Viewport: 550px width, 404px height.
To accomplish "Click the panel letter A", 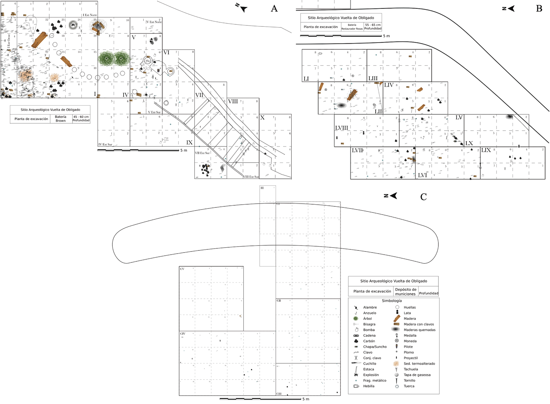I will click(x=274, y=9).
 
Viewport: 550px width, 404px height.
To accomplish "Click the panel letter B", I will click(x=539, y=9).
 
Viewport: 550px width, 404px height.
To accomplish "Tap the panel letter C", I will click(x=423, y=197).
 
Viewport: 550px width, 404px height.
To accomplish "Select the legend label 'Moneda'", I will click(x=410, y=341).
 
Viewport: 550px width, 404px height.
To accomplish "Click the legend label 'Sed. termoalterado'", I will click(x=419, y=363).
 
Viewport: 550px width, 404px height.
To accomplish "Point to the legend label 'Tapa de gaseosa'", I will click(x=417, y=375).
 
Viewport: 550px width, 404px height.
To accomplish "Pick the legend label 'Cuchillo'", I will click(x=369, y=363).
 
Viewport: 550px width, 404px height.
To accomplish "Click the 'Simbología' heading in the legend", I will click(x=392, y=301).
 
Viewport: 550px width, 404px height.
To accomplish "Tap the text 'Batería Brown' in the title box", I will click(x=61, y=119).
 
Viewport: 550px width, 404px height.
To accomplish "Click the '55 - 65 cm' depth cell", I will click(x=373, y=25).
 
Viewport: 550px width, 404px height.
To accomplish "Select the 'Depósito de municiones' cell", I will click(x=406, y=292).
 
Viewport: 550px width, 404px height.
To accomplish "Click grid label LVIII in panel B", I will click(x=341, y=128).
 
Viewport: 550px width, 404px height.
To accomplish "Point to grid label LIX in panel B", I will click(x=486, y=150).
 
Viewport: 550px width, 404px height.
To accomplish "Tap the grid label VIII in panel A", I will click(x=233, y=101).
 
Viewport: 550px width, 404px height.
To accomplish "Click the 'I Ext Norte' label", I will click(x=90, y=15).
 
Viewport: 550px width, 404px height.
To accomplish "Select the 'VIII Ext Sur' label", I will click(x=251, y=177).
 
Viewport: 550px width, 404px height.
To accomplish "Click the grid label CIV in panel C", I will click(x=183, y=334).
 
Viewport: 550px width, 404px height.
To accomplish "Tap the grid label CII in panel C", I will click(x=279, y=301).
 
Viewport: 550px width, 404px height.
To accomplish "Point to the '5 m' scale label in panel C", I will click(x=306, y=399).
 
